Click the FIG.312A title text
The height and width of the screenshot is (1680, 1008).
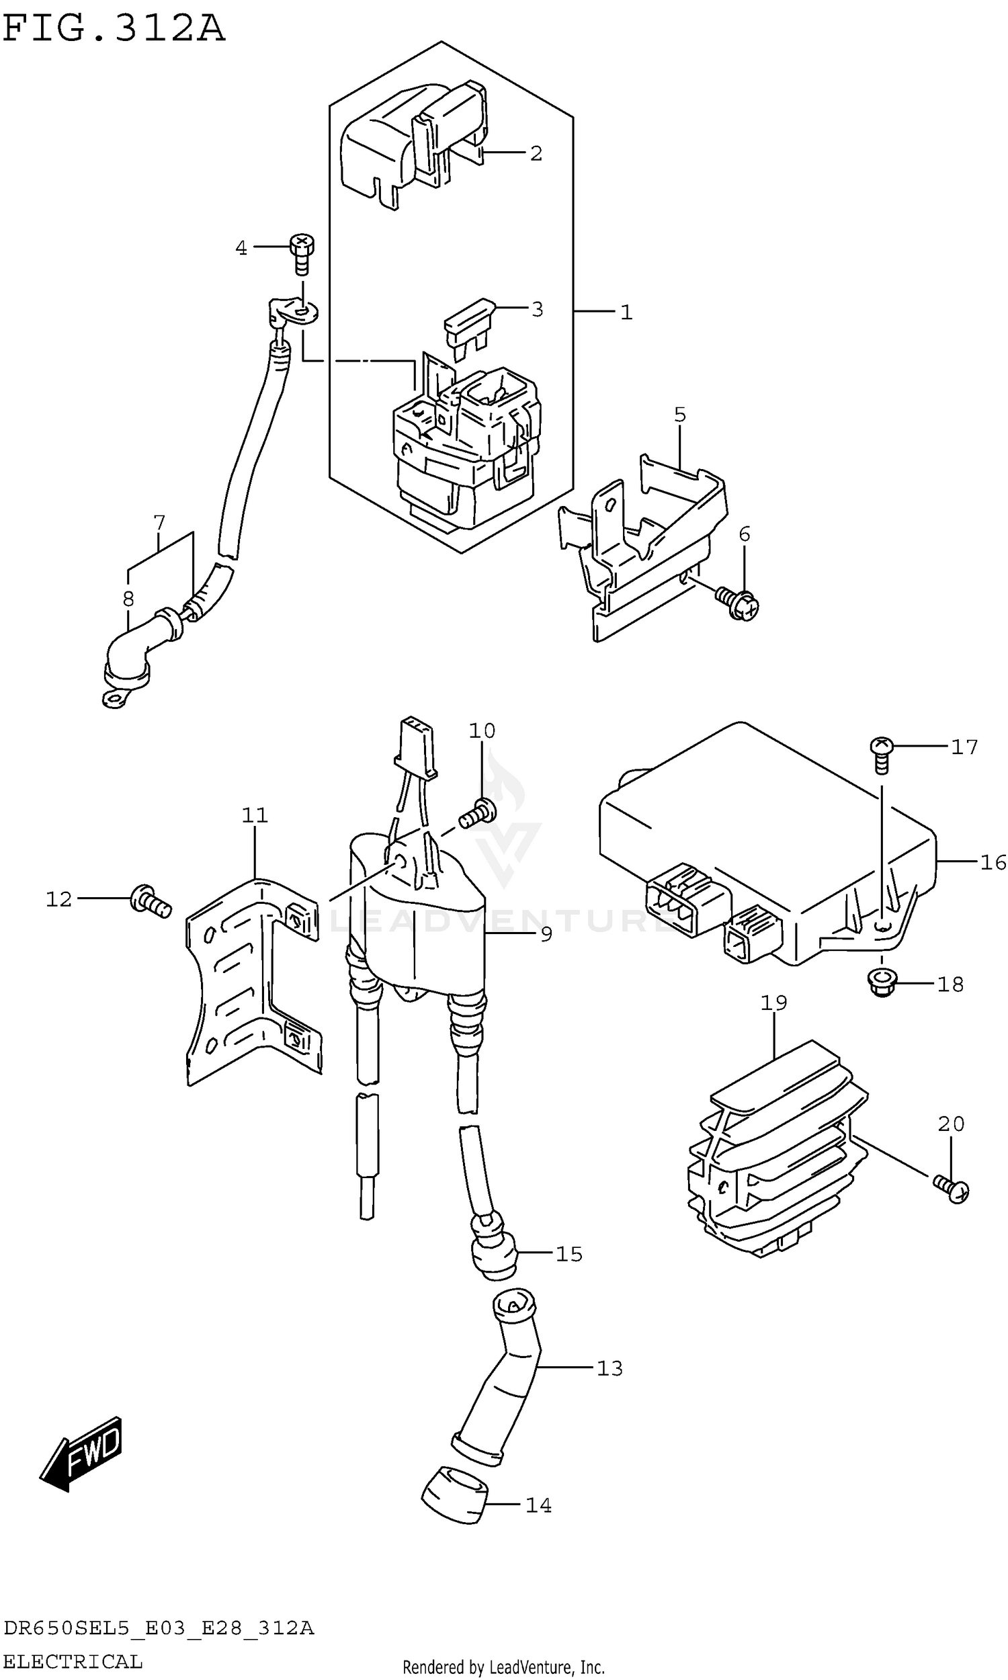(x=114, y=28)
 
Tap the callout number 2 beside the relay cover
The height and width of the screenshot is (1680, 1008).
(x=536, y=153)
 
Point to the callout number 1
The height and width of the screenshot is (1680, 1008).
(x=626, y=312)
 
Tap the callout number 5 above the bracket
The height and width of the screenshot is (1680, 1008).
(x=680, y=415)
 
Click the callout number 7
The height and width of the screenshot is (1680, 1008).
(x=159, y=523)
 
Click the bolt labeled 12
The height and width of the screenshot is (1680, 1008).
(x=151, y=902)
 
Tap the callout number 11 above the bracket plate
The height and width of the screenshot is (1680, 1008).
(x=255, y=815)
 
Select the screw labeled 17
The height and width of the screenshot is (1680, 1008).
(x=881, y=754)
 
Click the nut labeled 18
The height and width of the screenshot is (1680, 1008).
(x=882, y=983)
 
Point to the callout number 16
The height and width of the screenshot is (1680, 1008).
(x=992, y=862)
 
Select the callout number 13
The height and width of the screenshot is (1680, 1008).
(x=610, y=1368)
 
